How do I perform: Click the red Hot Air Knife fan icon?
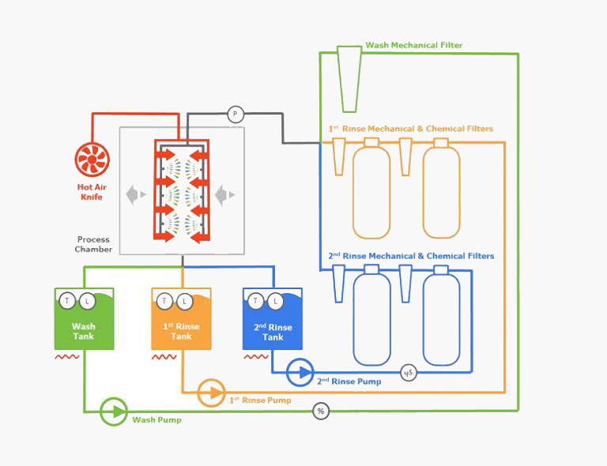tap(92, 160)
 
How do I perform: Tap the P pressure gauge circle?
tap(235, 115)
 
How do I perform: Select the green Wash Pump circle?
tap(114, 412)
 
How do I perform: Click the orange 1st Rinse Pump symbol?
tap(211, 393)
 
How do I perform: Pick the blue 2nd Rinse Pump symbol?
tap(300, 373)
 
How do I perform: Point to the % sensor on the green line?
tap(321, 411)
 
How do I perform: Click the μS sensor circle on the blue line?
tap(409, 373)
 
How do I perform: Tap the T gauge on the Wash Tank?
tap(67, 300)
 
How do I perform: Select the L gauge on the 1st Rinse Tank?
tap(185, 301)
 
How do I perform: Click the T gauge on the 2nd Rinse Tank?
tap(255, 300)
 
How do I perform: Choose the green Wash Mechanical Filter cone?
tap(349, 79)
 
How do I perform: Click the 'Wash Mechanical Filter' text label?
tap(414, 45)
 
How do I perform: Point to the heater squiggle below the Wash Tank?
tap(67, 356)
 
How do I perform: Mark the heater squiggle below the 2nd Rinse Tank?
tap(256, 356)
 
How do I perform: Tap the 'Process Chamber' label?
tap(93, 244)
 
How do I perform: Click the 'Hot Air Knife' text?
tap(92, 192)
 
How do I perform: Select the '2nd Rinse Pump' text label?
tap(349, 381)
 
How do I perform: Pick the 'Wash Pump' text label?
tap(156, 420)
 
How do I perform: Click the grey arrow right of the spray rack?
tap(225, 195)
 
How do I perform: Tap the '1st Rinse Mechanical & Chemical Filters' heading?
tap(411, 129)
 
